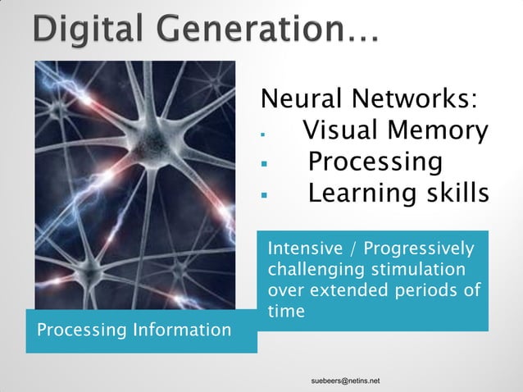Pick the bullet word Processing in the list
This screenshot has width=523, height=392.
click(x=375, y=162)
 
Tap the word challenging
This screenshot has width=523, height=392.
click(x=314, y=270)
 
